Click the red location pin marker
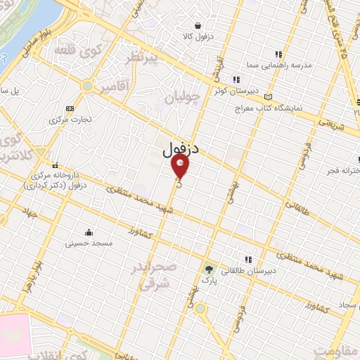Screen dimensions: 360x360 (x=181, y=167)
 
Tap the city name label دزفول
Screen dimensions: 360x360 (x=181, y=149)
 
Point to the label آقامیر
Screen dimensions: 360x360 (x=115, y=86)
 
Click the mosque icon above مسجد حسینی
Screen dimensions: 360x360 (x=88, y=233)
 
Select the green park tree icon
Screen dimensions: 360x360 (x=208, y=268)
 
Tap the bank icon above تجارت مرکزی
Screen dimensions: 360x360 (x=69, y=108)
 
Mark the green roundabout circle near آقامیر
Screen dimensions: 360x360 (x=87, y=86)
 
